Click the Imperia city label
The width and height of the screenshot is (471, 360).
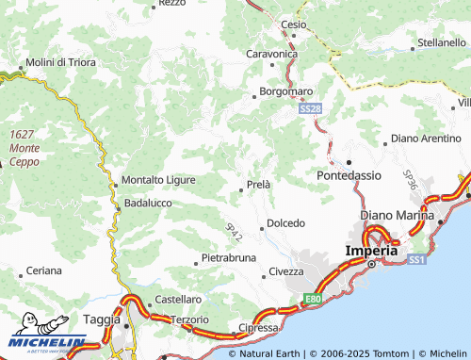click(x=372, y=251)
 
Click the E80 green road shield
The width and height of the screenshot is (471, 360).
click(x=313, y=300)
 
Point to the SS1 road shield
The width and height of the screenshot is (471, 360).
click(x=415, y=257)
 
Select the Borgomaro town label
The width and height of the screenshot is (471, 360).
click(x=286, y=93)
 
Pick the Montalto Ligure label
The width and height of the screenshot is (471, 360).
click(x=158, y=180)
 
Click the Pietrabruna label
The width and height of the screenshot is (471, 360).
click(x=229, y=258)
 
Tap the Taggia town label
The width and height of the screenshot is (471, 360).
click(x=100, y=319)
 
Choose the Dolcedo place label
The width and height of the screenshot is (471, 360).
click(x=285, y=223)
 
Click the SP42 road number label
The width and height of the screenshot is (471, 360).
click(x=234, y=229)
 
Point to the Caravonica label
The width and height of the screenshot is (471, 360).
click(x=271, y=54)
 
